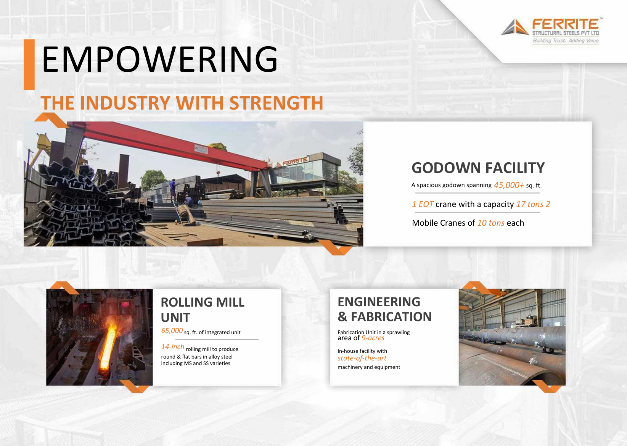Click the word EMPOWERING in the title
159,60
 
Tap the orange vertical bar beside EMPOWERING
29,65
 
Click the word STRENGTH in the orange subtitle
276,103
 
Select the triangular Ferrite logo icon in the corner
514,27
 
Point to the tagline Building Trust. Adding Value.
566,40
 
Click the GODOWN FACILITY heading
478,168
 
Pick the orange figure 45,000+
509,185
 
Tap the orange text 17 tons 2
533,204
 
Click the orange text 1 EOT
423,204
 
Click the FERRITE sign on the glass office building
294,161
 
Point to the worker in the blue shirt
173,189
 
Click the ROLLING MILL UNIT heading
203,310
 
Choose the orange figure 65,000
172,331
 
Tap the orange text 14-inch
172,347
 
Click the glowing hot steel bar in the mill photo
108,347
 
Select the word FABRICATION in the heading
391,317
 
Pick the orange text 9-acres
373,338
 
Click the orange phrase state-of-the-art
362,358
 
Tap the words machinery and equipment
369,367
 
